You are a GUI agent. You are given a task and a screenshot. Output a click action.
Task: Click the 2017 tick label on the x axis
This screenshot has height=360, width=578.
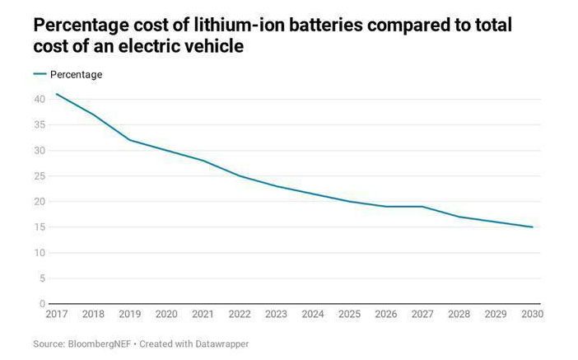pyautogui.click(x=56, y=314)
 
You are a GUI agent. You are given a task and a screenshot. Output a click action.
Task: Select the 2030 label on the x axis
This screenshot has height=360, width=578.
pyautogui.click(x=532, y=314)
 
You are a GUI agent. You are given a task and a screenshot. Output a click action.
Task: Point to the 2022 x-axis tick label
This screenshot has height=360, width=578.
pyautogui.click(x=239, y=314)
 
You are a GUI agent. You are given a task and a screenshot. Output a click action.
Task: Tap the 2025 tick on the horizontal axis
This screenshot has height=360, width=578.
pyautogui.click(x=349, y=314)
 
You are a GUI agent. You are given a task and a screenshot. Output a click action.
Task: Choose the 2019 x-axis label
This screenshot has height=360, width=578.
pyautogui.click(x=129, y=314)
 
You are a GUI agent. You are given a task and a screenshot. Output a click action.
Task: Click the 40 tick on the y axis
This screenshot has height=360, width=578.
pyautogui.click(x=39, y=99)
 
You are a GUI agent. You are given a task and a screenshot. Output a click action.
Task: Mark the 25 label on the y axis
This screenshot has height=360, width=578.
pyautogui.click(x=39, y=175)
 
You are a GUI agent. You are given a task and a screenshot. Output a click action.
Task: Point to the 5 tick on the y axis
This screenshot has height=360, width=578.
pyautogui.click(x=41, y=278)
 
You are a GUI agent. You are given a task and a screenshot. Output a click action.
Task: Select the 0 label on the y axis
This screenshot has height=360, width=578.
pyautogui.click(x=41, y=304)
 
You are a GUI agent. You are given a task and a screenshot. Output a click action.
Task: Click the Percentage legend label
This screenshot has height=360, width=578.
pyautogui.click(x=76, y=74)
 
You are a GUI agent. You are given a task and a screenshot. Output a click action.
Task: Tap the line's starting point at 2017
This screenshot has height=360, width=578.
pyautogui.click(x=56, y=94)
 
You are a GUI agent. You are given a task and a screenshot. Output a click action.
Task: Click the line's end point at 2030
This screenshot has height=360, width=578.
pyautogui.click(x=533, y=227)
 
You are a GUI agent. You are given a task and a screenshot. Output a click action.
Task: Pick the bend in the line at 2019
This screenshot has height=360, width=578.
pyautogui.click(x=129, y=140)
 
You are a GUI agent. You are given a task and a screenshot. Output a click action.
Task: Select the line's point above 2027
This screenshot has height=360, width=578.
pyautogui.click(x=422, y=206)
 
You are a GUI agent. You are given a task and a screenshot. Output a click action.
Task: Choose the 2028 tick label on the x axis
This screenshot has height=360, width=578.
pyautogui.click(x=459, y=314)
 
